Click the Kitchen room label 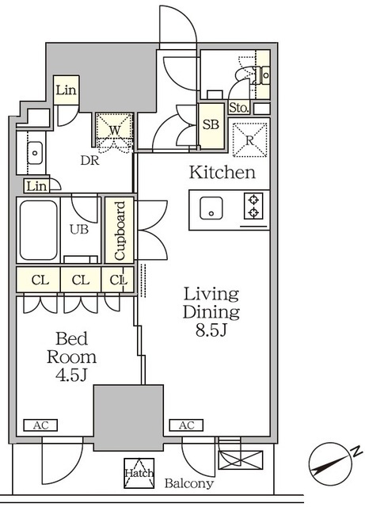(x=222, y=173)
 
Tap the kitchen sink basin (x=211, y=208)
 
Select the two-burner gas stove (x=253, y=206)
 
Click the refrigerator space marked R (x=249, y=140)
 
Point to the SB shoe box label (x=211, y=124)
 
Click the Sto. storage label (x=239, y=108)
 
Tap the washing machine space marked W (x=115, y=130)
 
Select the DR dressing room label (x=89, y=160)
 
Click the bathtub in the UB (x=39, y=230)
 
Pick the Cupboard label (x=120, y=231)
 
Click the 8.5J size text (x=211, y=330)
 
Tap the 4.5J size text (x=71, y=375)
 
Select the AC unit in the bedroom (x=40, y=425)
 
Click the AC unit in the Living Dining (x=186, y=425)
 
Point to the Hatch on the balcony (x=139, y=473)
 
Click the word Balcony (x=189, y=483)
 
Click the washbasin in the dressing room (x=35, y=153)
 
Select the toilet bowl (x=249, y=74)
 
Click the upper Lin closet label (x=66, y=90)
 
